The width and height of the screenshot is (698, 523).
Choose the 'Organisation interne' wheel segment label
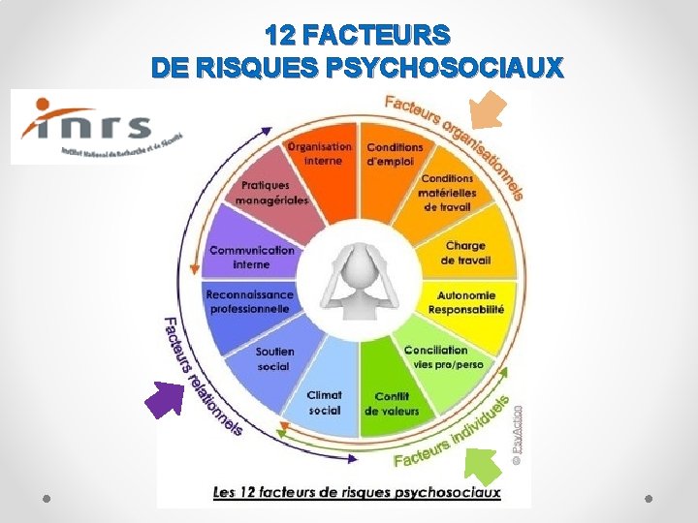319,154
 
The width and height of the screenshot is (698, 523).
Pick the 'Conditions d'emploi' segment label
390,154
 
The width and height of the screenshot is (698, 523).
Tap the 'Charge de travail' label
465,253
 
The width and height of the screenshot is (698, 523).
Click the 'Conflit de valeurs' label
392,403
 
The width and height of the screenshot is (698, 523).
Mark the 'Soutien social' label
274,358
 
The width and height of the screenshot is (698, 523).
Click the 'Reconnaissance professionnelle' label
249,301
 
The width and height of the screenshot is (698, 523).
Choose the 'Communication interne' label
252,257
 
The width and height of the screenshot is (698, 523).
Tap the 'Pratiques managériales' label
274,193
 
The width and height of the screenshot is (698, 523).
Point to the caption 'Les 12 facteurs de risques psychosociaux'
357,492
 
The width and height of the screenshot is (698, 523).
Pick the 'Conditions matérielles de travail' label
447,193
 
